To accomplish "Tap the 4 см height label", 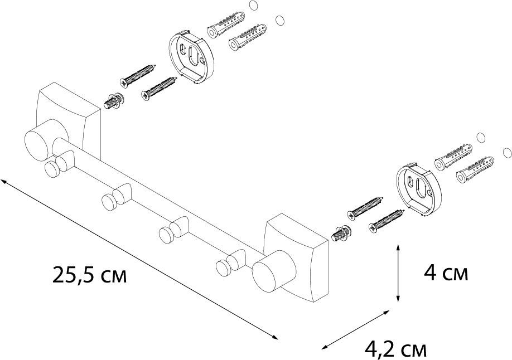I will click(445, 273).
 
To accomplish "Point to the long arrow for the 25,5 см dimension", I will click(139, 259).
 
